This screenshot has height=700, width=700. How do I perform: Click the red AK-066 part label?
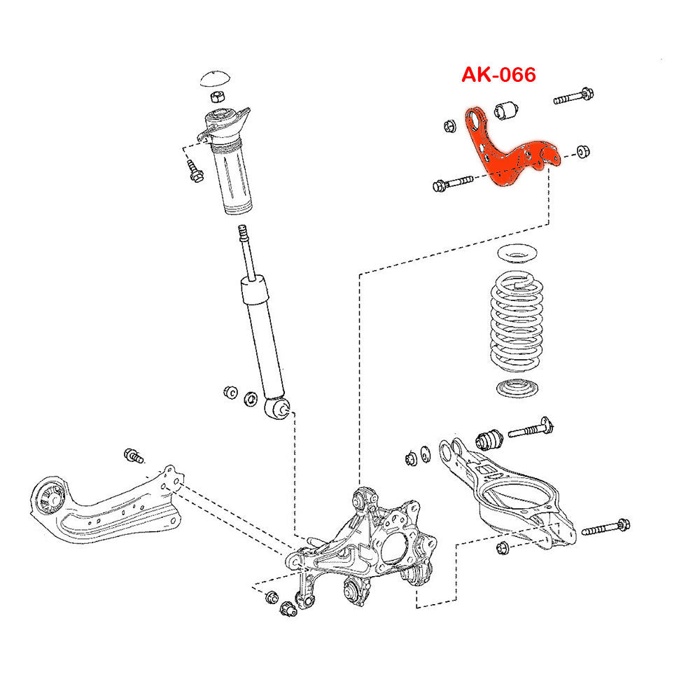[x=498, y=74]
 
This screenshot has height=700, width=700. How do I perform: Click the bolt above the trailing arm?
[x=132, y=456]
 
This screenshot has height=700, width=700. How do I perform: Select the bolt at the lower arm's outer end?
[x=605, y=528]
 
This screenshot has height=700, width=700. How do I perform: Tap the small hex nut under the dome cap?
[x=217, y=94]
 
